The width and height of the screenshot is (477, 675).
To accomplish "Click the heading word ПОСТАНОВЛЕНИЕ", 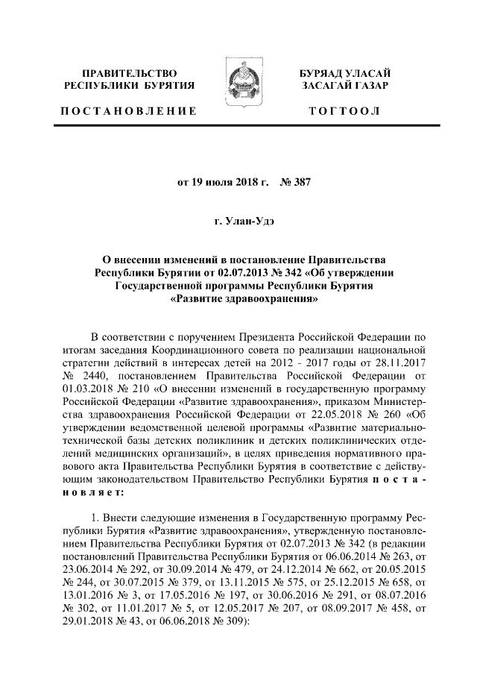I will (x=127, y=111).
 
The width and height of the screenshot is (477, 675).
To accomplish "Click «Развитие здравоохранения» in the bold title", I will (x=238, y=302).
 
